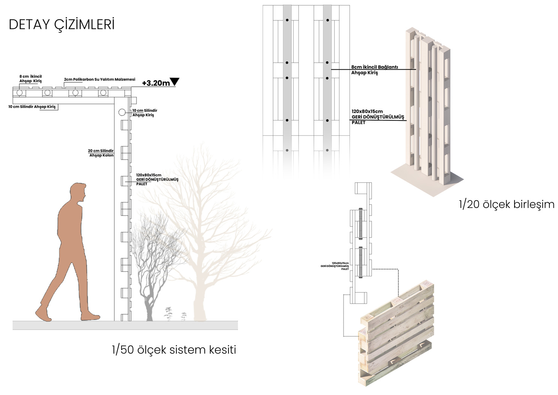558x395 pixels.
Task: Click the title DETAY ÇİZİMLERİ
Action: tap(61, 24)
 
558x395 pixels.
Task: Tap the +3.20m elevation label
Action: tap(156, 83)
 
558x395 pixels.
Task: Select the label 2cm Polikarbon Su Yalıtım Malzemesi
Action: tap(99, 79)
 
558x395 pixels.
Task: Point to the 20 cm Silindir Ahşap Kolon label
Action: tap(101, 153)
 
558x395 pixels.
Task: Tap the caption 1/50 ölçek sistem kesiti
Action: tap(174, 350)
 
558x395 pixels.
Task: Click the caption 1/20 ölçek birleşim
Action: tap(506, 204)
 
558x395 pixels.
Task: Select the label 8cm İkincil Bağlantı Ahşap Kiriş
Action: tap(374, 70)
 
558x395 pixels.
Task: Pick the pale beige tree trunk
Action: tap(199, 297)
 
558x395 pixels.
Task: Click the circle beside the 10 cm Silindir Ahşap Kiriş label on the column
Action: tap(122, 112)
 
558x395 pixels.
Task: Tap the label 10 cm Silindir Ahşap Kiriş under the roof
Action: tap(32, 107)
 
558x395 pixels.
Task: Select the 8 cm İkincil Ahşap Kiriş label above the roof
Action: tap(30, 78)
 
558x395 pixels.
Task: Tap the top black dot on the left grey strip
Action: tap(287, 20)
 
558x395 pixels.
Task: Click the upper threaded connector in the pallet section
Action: tap(360, 223)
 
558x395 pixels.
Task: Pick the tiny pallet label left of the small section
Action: tap(335, 266)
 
